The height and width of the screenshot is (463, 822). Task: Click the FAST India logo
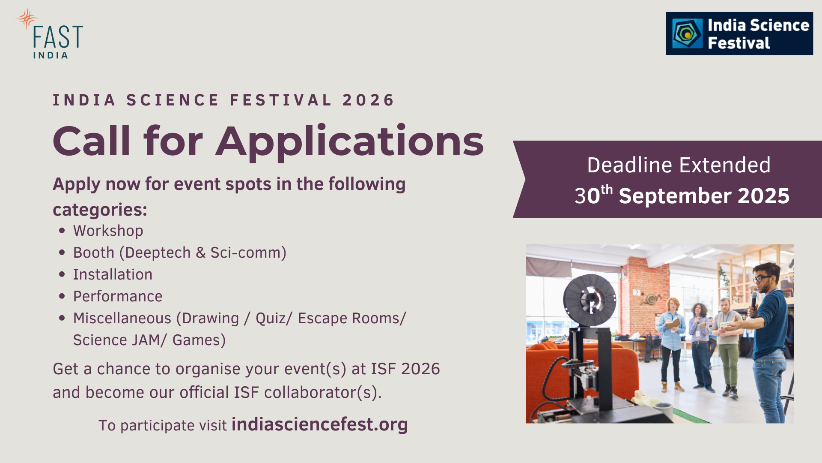50,33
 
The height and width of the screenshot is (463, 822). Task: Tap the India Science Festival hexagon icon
687,33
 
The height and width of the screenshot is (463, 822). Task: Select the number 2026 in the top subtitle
368,100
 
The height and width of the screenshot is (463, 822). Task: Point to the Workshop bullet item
108,231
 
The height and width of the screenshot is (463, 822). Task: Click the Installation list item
113,274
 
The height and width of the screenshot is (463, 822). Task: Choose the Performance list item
118,296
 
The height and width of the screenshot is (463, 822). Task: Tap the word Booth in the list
94,253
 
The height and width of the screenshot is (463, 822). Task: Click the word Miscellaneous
122,318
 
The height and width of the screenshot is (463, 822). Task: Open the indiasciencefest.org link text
320,424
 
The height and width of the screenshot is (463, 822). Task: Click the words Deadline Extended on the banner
679,165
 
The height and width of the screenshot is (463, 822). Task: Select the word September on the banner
675,196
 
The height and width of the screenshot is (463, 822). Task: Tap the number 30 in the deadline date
587,196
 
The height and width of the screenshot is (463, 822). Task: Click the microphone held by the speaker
753,302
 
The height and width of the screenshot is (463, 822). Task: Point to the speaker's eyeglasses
763,278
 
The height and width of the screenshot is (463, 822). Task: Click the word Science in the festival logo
780,25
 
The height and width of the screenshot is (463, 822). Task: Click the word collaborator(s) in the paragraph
323,392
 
